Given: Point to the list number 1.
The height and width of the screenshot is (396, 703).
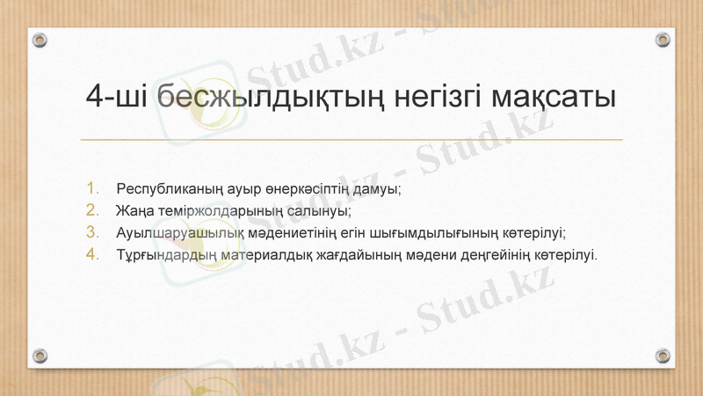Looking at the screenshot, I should point(94,188).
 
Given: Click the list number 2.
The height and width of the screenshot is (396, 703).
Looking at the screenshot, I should point(94,210).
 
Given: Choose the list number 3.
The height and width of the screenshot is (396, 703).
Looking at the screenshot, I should point(94,232).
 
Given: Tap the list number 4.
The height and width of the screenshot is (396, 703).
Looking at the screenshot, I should point(94,254).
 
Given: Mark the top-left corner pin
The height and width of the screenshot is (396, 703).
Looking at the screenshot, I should point(40,40).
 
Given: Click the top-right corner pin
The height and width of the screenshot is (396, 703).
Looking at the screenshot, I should point(663,40).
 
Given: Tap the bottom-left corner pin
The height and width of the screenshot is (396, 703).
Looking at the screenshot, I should point(40,356).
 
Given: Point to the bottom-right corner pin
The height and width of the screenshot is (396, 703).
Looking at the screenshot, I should point(663,356).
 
